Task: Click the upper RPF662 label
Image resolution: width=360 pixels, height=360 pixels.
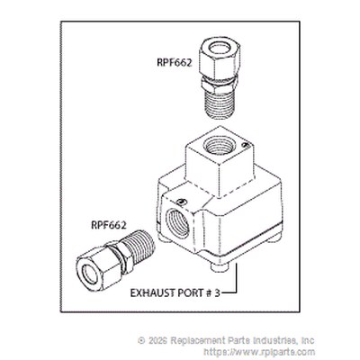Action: click(x=175, y=62)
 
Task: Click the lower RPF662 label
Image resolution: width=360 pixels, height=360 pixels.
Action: click(x=109, y=225)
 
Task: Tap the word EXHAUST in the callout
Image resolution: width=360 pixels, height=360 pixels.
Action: click(x=152, y=292)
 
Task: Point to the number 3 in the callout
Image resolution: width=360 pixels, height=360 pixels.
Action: click(x=217, y=292)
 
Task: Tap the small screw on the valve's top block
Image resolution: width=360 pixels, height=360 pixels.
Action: click(x=245, y=145)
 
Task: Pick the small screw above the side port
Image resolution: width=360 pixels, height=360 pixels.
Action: click(x=180, y=201)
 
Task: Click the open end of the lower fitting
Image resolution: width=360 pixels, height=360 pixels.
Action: click(x=90, y=274)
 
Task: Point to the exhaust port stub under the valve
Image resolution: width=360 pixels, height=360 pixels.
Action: click(x=220, y=266)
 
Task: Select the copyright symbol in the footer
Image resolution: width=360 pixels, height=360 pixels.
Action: click(x=141, y=340)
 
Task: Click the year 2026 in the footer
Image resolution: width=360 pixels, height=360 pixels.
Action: click(x=158, y=340)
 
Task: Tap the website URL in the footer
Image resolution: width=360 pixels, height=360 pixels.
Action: click(x=259, y=352)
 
